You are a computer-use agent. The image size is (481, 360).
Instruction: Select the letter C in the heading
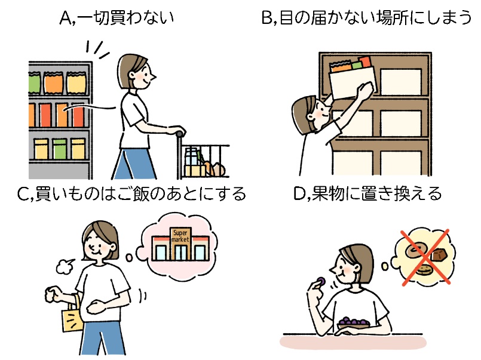24,194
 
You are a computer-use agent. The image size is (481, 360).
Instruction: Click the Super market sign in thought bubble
180,235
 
